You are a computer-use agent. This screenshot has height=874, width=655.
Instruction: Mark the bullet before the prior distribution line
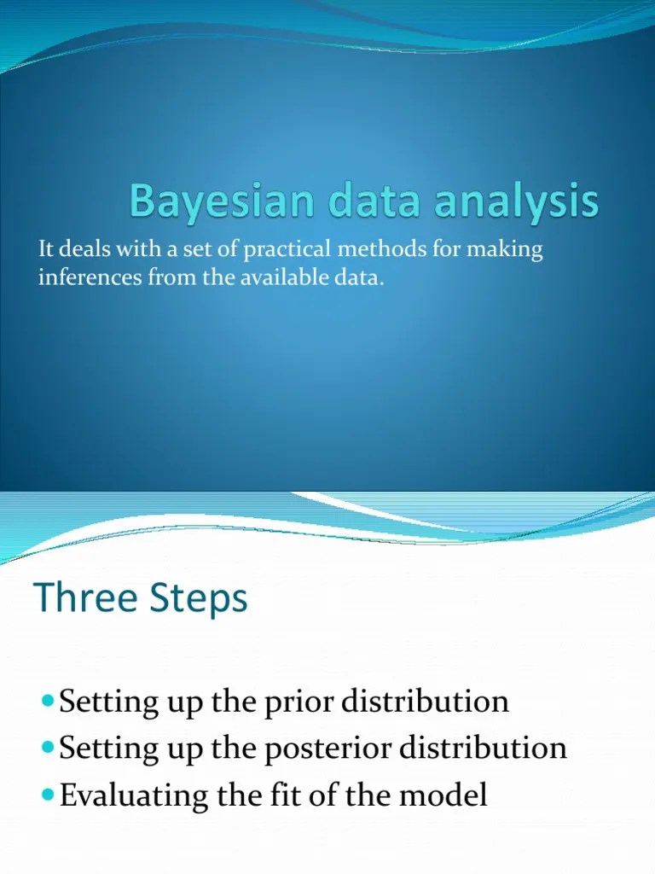coord(47,702)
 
